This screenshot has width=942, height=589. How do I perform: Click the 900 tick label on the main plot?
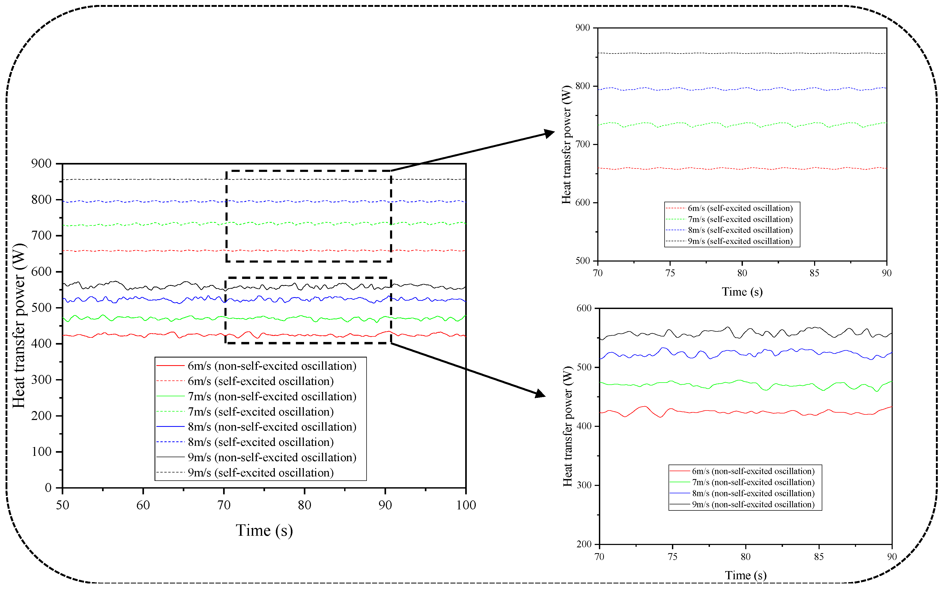(41, 164)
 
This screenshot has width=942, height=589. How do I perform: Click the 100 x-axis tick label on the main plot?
(466, 505)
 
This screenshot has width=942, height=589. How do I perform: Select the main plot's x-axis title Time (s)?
(264, 530)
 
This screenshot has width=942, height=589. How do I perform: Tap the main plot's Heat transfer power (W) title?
(19, 326)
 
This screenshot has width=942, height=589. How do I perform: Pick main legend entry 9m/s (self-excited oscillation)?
(260, 472)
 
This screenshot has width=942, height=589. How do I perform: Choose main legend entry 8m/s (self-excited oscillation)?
(260, 442)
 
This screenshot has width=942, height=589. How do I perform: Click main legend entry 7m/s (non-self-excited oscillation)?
(272, 397)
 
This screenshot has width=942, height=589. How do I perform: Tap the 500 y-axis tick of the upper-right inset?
(583, 260)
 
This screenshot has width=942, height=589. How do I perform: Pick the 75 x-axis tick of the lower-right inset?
(672, 557)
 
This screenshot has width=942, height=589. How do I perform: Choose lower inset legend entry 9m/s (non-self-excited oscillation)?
(753, 504)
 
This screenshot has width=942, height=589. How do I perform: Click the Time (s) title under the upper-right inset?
(742, 292)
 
